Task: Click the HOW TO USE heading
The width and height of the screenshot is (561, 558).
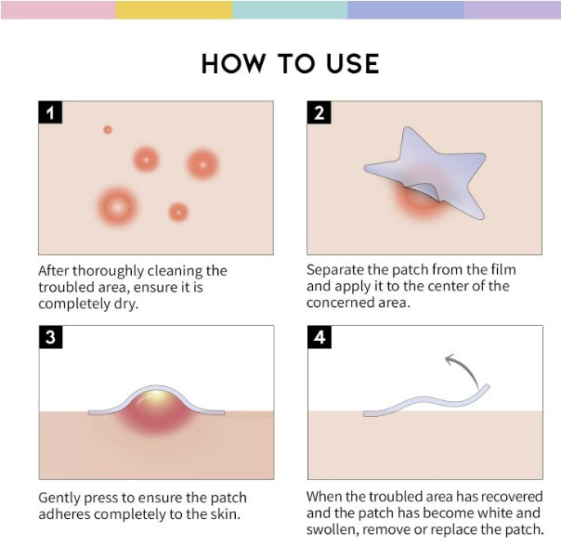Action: tap(290, 63)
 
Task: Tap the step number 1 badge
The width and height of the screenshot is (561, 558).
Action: tap(51, 113)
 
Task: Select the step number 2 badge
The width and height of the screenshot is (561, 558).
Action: tap(320, 113)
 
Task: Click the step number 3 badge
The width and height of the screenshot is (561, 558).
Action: tap(51, 338)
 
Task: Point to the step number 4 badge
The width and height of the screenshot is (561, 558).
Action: tap(320, 338)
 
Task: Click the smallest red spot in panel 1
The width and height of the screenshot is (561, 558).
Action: tap(108, 130)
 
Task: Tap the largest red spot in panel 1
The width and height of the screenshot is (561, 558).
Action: tap(117, 205)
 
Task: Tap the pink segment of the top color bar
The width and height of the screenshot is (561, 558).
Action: tap(58, 9)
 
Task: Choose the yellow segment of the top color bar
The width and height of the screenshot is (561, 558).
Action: tap(174, 9)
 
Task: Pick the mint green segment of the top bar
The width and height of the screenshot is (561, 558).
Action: tap(290, 9)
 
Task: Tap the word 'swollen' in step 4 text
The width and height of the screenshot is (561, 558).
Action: tap(333, 529)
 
